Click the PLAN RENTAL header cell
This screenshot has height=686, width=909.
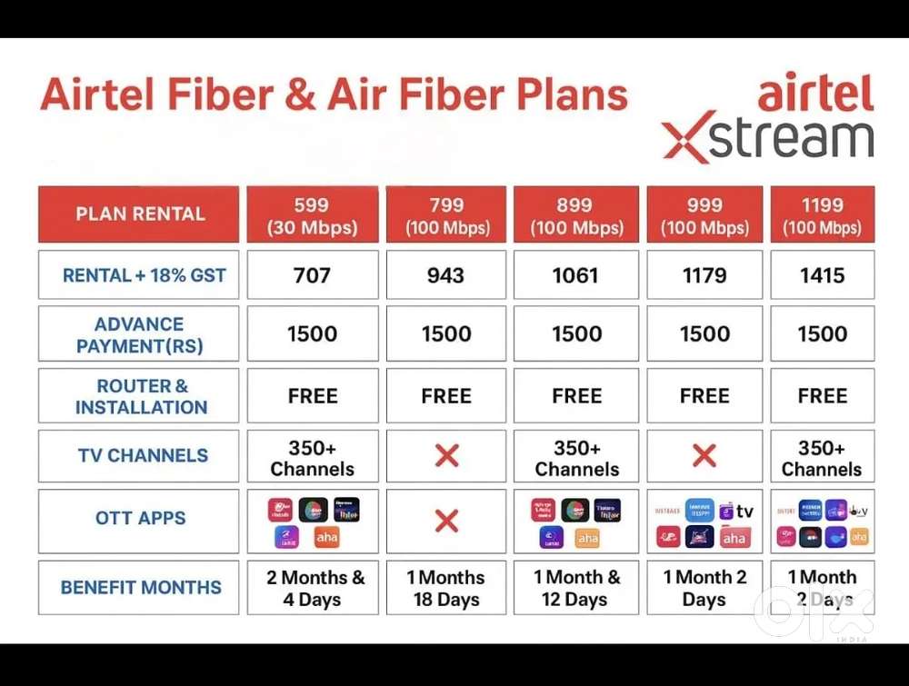tap(139, 214)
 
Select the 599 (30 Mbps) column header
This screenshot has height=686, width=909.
tap(312, 215)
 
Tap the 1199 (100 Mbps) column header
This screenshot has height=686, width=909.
tap(822, 215)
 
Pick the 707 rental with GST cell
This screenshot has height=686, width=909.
tap(312, 275)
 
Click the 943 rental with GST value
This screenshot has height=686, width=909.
tap(445, 275)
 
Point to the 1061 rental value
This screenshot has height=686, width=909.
tap(576, 275)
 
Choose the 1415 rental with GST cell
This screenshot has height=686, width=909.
tap(822, 275)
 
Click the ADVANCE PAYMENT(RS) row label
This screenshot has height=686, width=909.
tap(139, 334)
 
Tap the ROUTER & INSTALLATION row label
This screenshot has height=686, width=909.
tap(139, 396)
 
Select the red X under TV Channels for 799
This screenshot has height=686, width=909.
tap(446, 456)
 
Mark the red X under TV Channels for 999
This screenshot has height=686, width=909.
tap(704, 456)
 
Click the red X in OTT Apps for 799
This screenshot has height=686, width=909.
tap(446, 521)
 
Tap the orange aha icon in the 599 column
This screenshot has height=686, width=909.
tap(326, 538)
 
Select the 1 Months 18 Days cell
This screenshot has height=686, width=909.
tap(445, 588)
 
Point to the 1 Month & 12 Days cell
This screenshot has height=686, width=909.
tap(576, 588)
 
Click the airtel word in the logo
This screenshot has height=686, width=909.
tap(814, 93)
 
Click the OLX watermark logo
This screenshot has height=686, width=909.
tap(814, 614)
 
